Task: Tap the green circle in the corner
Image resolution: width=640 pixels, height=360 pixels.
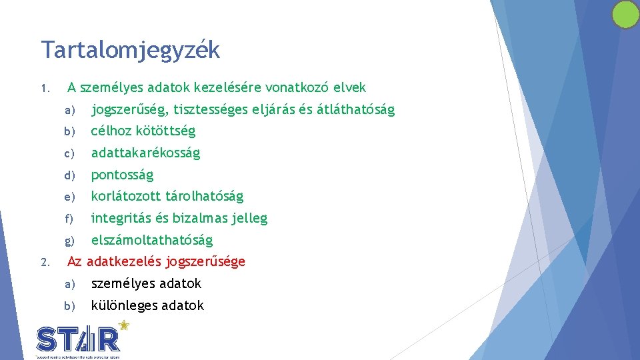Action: click(x=625, y=15)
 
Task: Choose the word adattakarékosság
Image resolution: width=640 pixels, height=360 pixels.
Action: click(x=145, y=153)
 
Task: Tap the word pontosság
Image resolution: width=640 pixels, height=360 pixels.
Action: click(x=122, y=175)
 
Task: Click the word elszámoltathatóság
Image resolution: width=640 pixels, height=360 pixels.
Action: click(x=151, y=240)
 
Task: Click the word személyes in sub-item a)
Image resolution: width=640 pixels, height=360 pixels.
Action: click(x=122, y=284)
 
